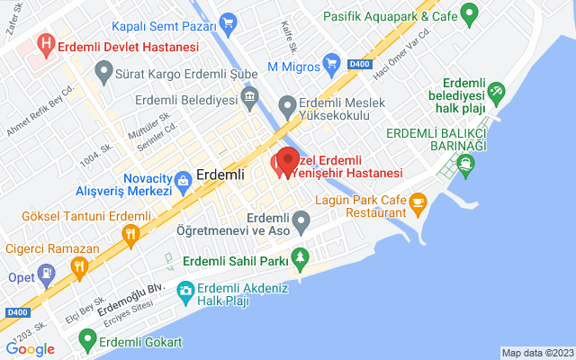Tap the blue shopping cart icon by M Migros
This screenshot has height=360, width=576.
pyautogui.click(x=331, y=63)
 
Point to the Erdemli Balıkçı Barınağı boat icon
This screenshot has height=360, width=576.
pyautogui.click(x=465, y=163)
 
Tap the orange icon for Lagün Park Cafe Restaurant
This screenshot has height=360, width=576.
pyautogui.click(x=418, y=202)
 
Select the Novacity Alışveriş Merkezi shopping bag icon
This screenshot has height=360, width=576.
pyautogui.click(x=184, y=180)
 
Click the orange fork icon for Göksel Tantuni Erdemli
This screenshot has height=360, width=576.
pyautogui.click(x=131, y=236)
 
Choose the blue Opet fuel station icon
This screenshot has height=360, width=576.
pyautogui.click(x=49, y=272)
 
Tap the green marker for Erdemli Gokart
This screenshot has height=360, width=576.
pyautogui.click(x=87, y=340)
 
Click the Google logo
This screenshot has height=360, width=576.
pyautogui.click(x=30, y=349)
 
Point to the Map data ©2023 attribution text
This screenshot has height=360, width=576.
pyautogui.click(x=536, y=353)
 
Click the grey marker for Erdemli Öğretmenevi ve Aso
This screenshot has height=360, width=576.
pyautogui.click(x=301, y=220)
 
